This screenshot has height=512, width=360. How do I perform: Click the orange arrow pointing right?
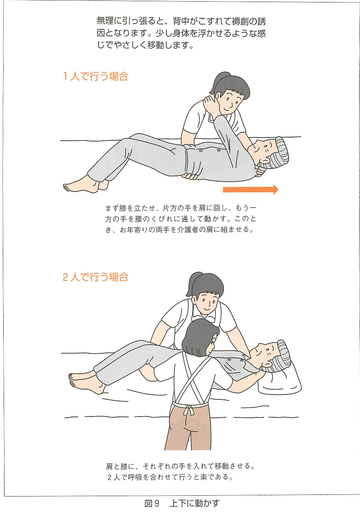251,189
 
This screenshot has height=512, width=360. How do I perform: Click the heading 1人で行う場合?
95,76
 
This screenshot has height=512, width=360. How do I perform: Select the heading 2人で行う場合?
95,277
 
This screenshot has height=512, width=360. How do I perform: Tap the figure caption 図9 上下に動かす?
182,503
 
